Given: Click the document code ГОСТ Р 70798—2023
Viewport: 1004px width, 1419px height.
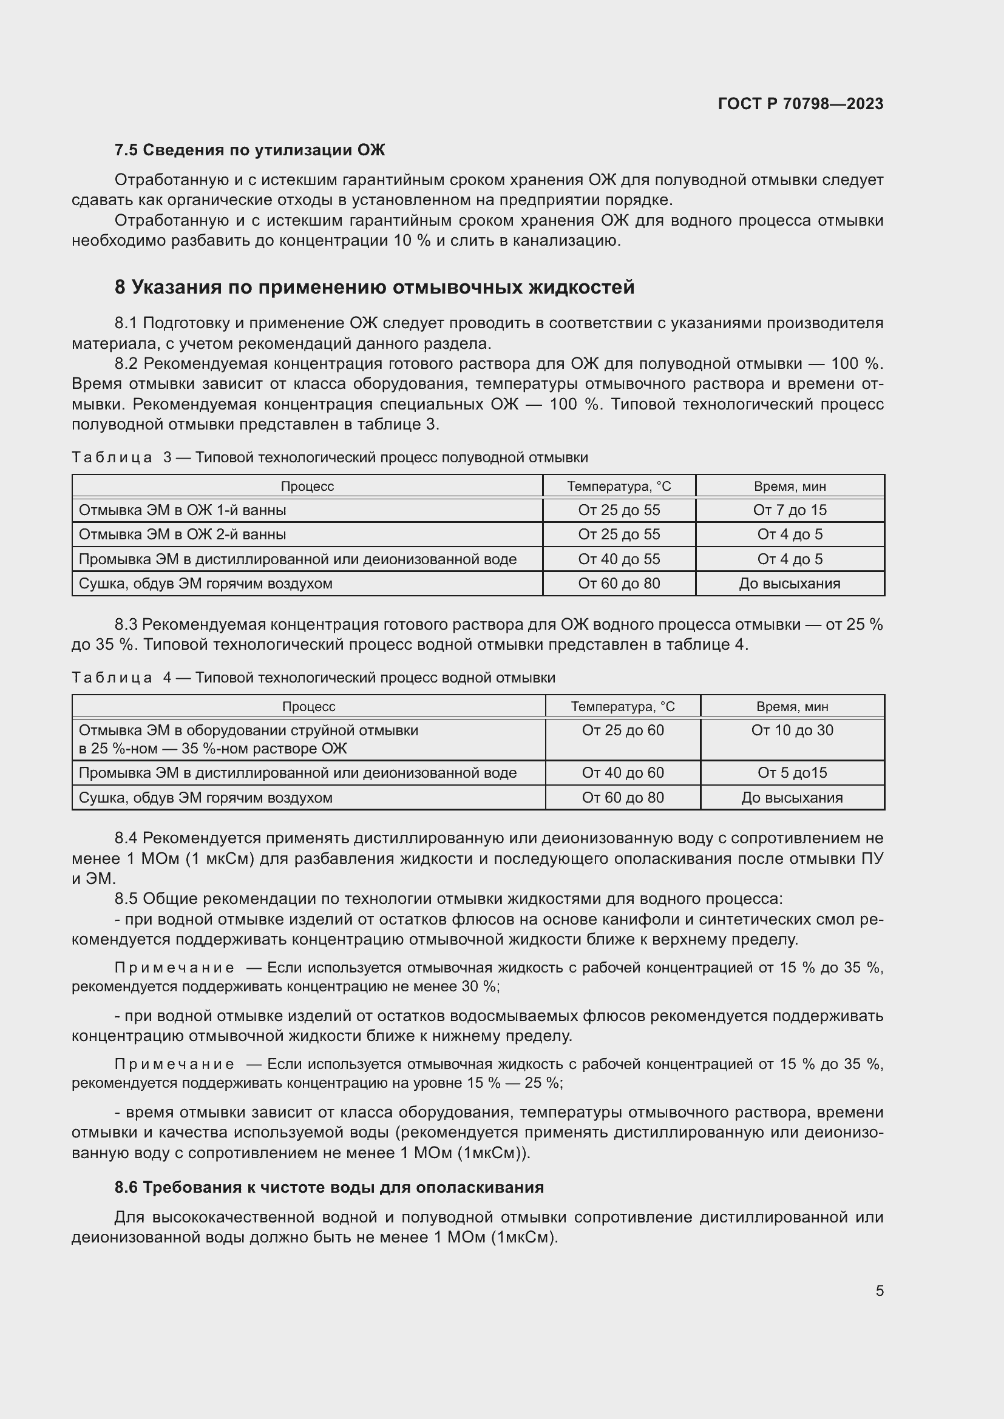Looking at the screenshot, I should pos(800,104).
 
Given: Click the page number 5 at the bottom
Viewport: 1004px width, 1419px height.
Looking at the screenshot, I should pos(879,1290).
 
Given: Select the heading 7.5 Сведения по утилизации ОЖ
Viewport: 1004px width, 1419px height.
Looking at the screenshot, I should pos(249,150).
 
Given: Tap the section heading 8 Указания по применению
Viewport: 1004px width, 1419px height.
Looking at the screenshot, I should pos(374,288).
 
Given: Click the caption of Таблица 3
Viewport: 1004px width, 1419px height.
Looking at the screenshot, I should pos(329,457).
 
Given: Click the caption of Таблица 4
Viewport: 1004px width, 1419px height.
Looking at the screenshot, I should pos(313,678).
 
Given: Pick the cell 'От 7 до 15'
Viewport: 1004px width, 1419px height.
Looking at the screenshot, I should pos(790,510).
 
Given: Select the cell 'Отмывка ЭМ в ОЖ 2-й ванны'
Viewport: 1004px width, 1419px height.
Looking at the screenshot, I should pos(182,534).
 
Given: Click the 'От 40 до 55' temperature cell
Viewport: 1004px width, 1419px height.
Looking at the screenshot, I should pos(619,559).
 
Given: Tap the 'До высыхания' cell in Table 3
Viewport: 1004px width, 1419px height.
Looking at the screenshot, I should pos(790,584).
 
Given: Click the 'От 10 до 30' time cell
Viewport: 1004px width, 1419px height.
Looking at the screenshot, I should pos(792,730).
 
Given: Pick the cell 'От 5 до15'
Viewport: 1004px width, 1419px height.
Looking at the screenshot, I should pos(792,772).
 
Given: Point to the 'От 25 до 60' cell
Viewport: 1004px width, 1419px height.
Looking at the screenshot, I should pos(623,730).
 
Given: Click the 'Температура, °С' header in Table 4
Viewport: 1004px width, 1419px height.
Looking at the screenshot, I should pos(623,706).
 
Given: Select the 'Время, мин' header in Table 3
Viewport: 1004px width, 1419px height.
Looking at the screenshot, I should pos(790,487).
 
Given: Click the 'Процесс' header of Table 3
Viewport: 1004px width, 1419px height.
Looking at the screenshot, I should pos(307,487).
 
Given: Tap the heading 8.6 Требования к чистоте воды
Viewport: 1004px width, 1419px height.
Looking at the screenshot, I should pos(329,1187).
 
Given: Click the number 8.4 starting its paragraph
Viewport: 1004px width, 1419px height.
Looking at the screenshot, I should pos(126,838).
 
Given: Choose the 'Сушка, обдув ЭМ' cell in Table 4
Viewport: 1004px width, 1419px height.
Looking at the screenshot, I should pos(205,797).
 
